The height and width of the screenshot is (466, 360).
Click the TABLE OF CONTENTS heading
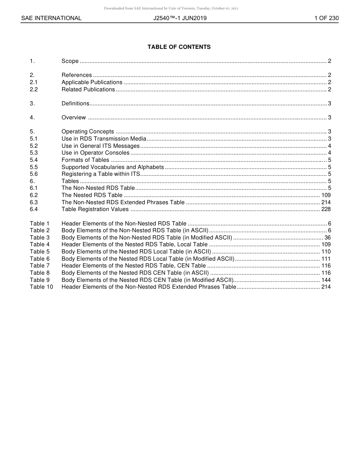click(179, 47)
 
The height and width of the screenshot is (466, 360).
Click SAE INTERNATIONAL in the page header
click(51, 18)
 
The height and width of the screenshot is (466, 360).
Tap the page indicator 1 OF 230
click(326, 18)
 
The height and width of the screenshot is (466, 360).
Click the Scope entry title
click(70, 61)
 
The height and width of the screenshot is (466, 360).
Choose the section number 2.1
click(34, 82)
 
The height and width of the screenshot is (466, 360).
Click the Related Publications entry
click(88, 89)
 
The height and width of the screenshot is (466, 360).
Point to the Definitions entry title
click(75, 103)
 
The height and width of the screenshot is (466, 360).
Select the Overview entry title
click(74, 117)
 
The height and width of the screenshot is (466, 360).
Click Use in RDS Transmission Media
click(104, 139)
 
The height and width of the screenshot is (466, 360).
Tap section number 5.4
click(34, 160)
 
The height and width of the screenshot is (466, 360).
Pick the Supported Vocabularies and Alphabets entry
click(113, 167)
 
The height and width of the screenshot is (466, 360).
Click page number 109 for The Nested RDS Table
click(326, 195)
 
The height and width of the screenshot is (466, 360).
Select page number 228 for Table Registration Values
click(326, 209)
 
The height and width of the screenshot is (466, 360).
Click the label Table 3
click(40, 238)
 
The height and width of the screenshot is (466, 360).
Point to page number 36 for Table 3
click(328, 238)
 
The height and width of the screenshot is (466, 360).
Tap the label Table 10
click(41, 287)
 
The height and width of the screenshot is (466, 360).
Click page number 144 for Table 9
click(326, 280)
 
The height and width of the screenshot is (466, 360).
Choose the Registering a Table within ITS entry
click(101, 174)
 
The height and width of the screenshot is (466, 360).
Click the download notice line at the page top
click(171, 8)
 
